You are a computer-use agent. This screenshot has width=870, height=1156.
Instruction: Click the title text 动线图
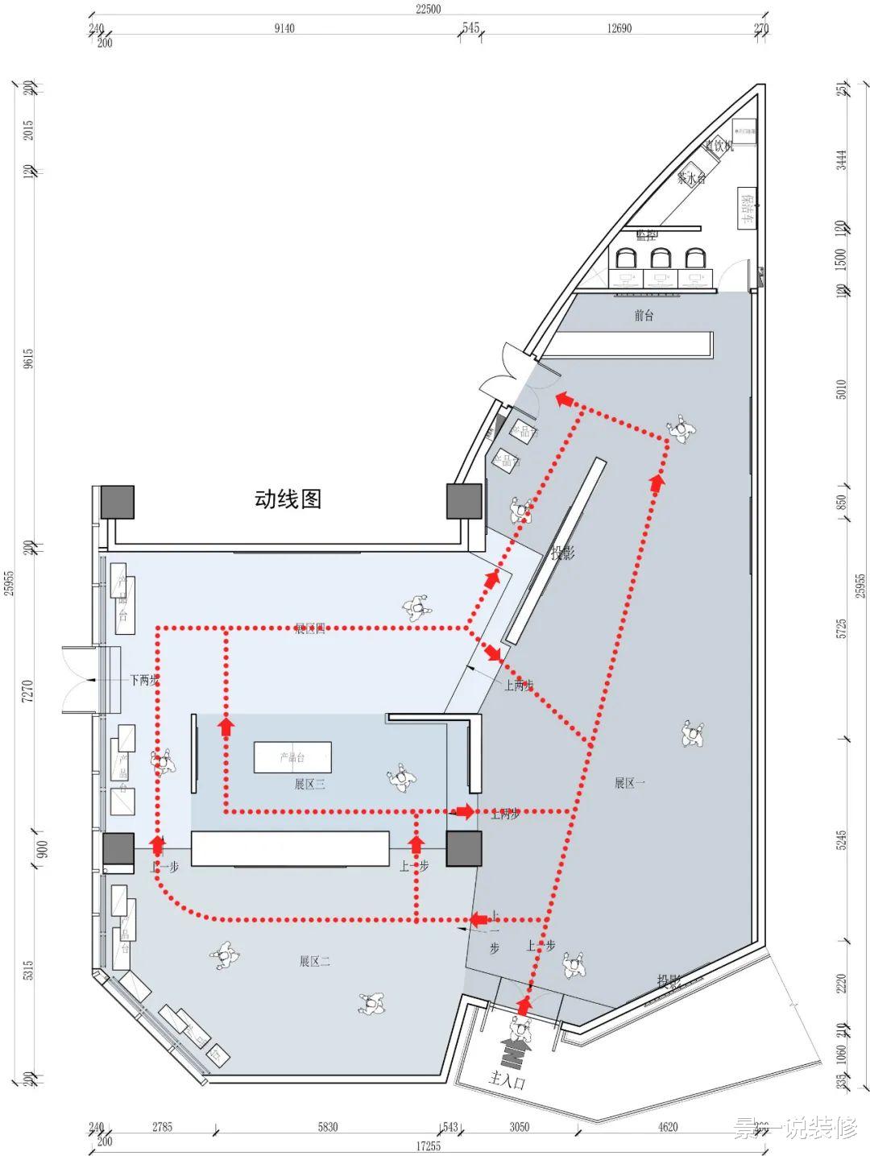(x=288, y=499)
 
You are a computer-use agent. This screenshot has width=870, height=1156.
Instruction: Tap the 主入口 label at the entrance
(x=507, y=1080)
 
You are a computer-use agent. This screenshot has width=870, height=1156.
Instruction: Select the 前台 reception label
(x=644, y=316)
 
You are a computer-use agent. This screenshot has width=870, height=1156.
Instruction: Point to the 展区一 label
(x=630, y=783)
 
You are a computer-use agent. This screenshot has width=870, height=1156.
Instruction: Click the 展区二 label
(x=315, y=961)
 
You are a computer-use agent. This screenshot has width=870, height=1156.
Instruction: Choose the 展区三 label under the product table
(x=309, y=784)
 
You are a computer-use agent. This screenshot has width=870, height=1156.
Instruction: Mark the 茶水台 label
(x=691, y=178)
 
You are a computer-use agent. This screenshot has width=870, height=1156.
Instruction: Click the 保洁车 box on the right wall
(x=747, y=207)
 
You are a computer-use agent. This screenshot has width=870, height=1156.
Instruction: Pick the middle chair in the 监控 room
(x=661, y=258)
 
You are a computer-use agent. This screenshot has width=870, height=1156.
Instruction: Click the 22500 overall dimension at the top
(x=429, y=9)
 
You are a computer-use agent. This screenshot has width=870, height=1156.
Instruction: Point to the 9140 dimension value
(x=284, y=28)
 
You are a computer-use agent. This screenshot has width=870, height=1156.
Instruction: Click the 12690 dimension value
(x=619, y=28)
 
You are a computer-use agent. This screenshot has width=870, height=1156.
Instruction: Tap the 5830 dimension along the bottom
(x=328, y=1127)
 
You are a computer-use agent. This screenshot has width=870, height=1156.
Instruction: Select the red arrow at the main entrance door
(x=524, y=1005)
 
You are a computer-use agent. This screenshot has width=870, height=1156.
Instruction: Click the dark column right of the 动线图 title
(x=464, y=501)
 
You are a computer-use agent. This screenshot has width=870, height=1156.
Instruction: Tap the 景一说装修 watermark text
(x=795, y=1129)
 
